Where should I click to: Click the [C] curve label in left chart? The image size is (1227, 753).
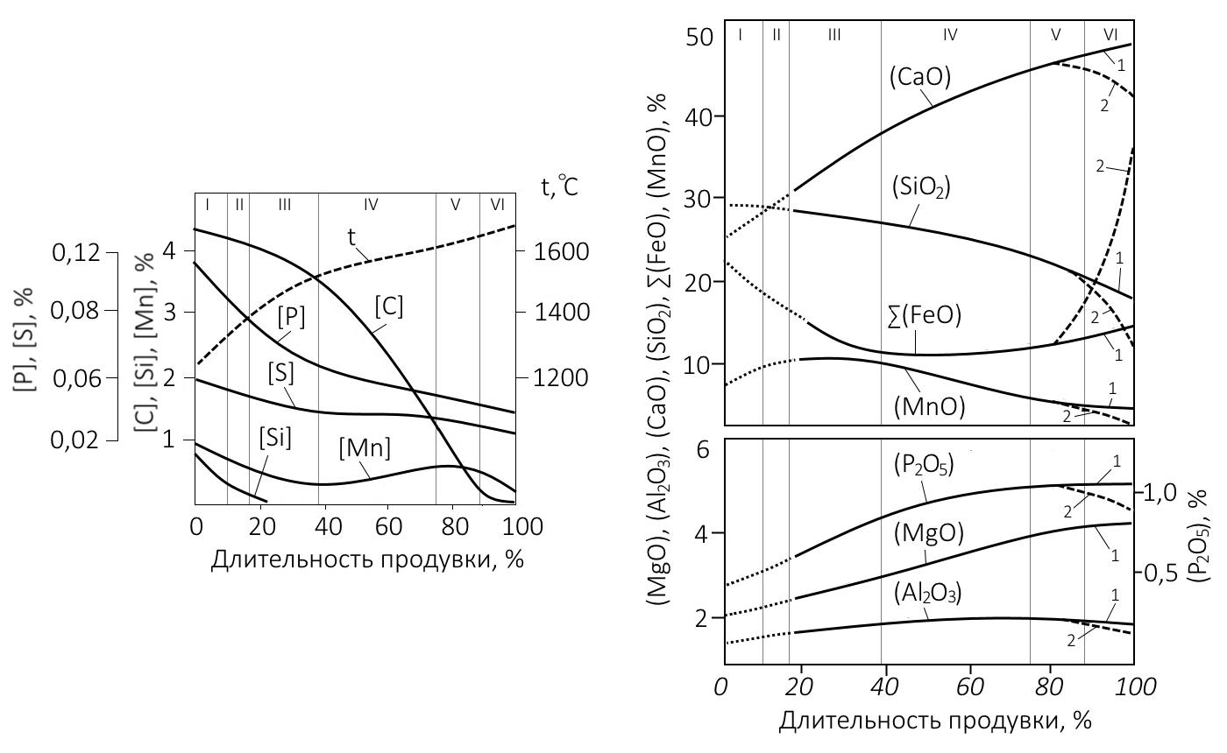point(388,307)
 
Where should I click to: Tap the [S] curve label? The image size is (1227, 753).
point(280,373)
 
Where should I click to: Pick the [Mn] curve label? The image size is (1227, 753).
point(364,448)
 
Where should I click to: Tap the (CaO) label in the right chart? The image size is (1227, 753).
point(920,77)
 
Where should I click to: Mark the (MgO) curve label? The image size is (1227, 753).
point(929,532)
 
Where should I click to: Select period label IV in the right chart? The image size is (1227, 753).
point(950,35)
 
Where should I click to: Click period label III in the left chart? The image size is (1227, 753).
point(284,204)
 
